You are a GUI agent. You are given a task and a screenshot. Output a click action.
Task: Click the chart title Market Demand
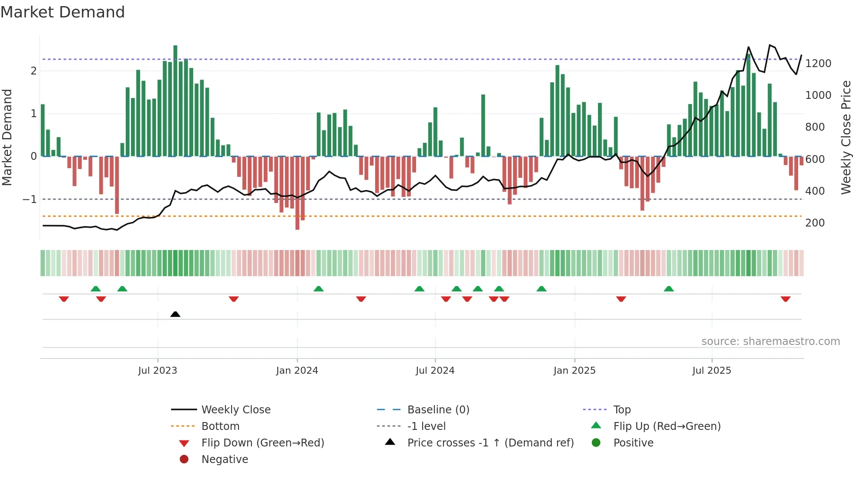[x=63, y=12]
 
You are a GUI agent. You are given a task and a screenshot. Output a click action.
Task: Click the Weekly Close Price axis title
[x=846, y=137]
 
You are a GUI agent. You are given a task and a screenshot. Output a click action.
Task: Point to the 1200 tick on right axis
[x=818, y=64]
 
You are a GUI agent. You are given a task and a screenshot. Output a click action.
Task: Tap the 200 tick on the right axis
[x=815, y=223]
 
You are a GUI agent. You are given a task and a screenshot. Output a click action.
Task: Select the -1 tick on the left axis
[x=30, y=199]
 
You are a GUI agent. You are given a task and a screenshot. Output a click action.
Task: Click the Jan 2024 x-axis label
[x=297, y=371]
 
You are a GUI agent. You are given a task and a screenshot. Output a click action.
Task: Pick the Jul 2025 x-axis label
[x=712, y=371]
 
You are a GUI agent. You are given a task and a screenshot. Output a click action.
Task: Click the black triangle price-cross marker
[x=175, y=314]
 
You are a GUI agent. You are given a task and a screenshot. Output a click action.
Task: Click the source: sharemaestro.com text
[x=770, y=341]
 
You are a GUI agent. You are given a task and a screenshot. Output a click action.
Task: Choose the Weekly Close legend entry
[x=235, y=410]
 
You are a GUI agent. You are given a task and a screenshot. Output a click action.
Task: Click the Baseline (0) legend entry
[x=438, y=410]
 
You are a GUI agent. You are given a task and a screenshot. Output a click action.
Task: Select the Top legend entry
[x=621, y=410]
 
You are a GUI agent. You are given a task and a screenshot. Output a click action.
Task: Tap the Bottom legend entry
[x=220, y=426]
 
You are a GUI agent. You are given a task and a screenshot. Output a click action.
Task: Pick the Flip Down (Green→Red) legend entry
[x=262, y=443]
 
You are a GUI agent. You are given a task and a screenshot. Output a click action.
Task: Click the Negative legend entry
[x=225, y=460]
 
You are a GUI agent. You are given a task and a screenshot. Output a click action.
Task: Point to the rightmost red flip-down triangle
[x=786, y=299]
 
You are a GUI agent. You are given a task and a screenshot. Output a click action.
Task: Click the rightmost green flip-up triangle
[x=669, y=289]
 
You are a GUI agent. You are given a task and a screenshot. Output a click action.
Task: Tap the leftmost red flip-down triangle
[x=64, y=299]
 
